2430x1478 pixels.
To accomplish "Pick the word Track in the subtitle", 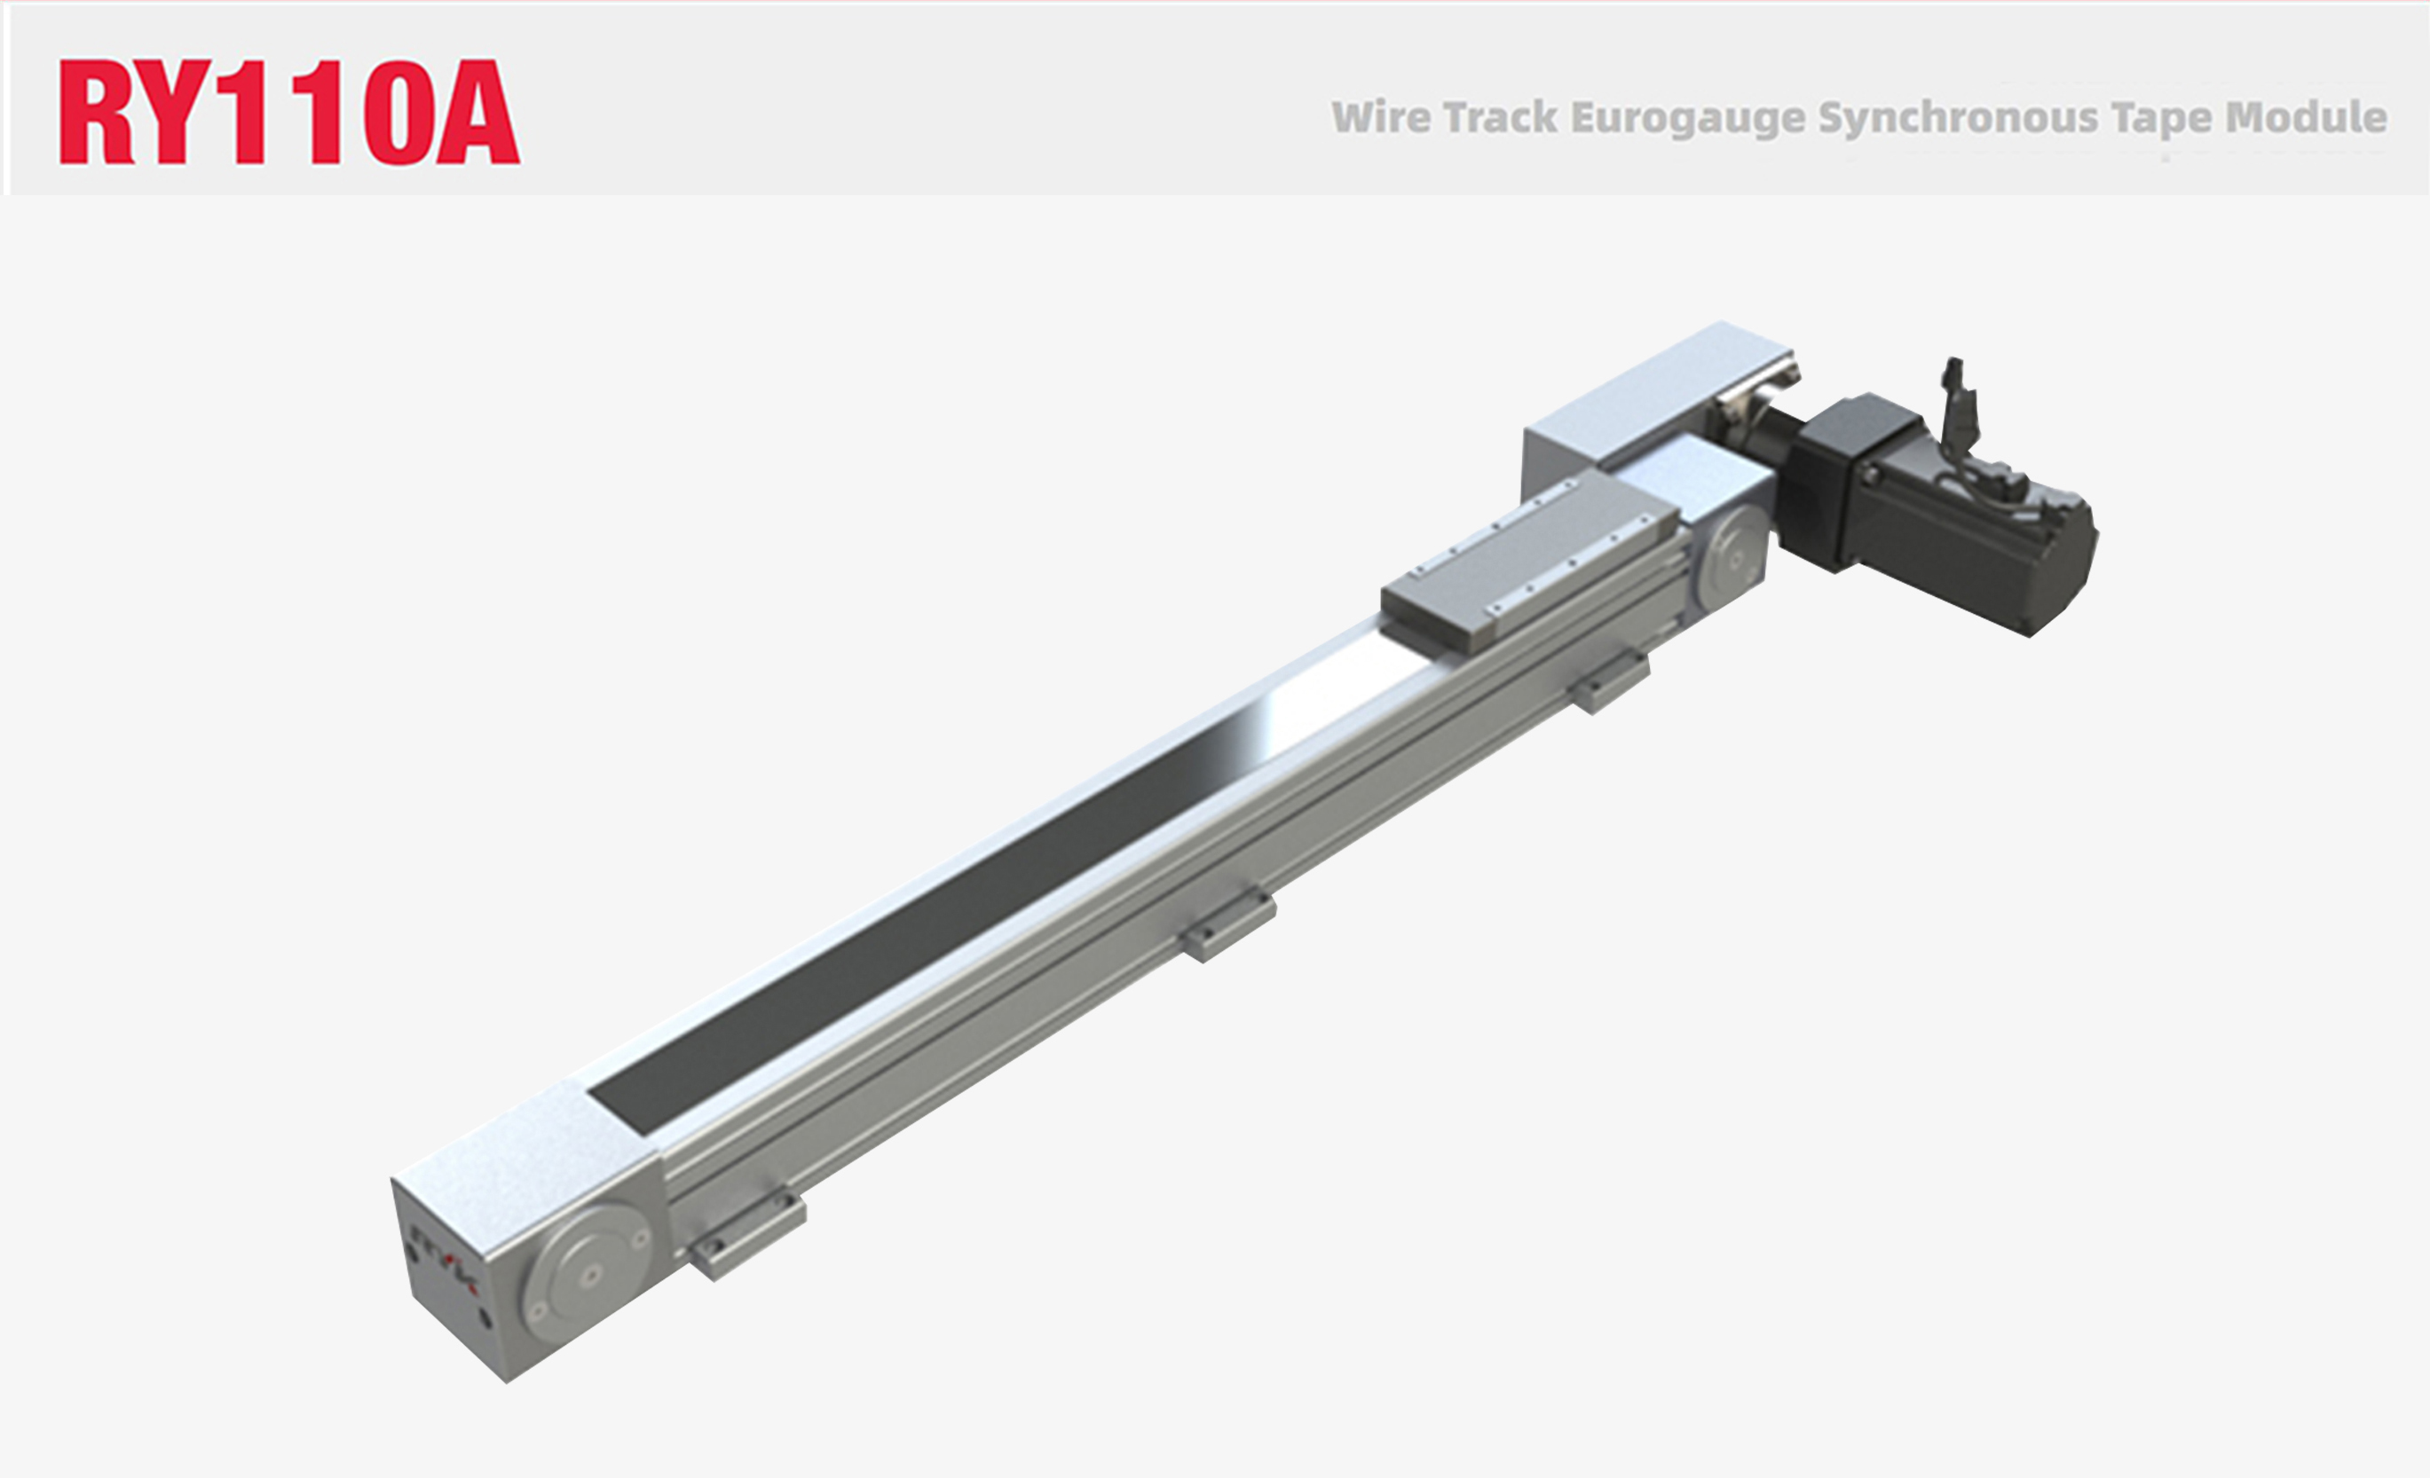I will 1501,117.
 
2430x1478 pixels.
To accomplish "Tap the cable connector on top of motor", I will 1958,414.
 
